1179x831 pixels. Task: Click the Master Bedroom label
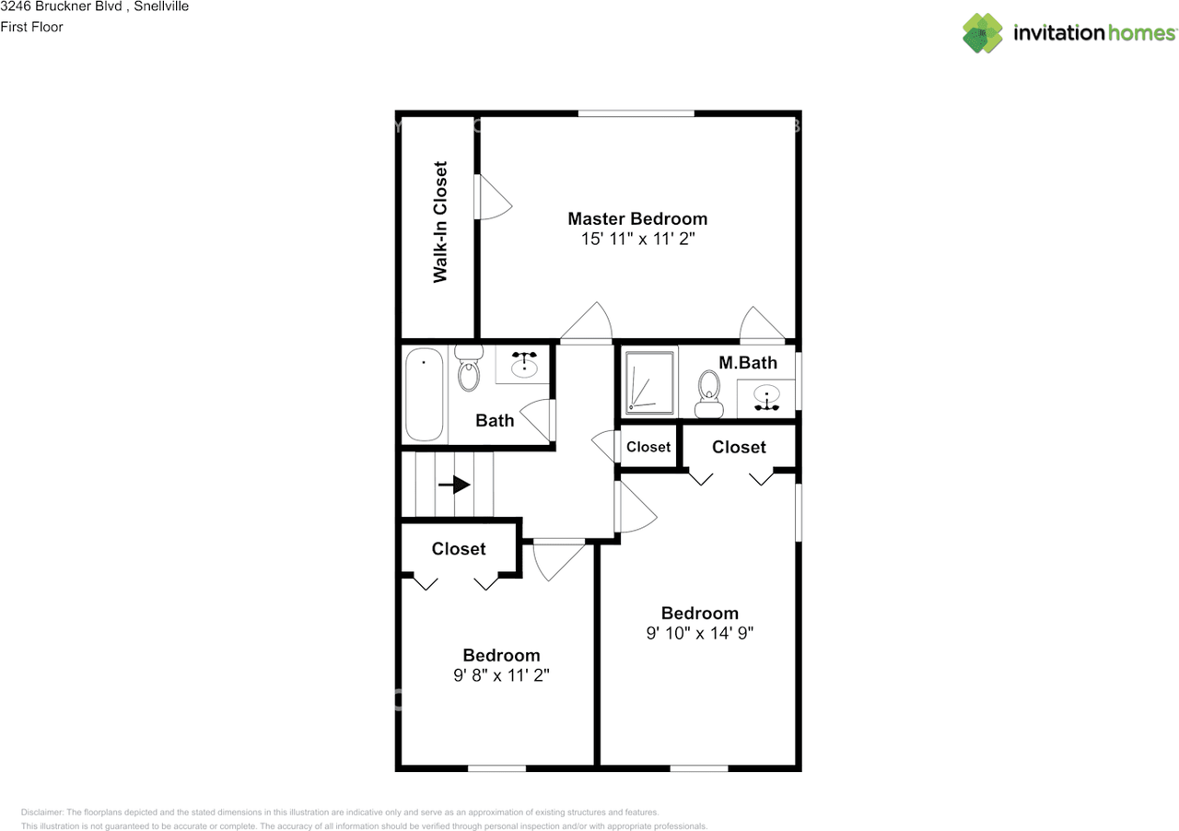click(637, 218)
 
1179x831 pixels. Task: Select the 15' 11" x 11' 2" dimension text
click(637, 240)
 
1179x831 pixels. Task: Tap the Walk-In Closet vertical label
click(440, 222)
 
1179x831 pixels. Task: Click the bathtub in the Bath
click(425, 393)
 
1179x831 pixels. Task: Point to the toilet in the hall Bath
click(469, 370)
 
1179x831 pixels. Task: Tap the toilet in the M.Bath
click(708, 394)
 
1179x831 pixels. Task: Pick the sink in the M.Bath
click(766, 398)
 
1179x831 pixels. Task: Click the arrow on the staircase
click(455, 485)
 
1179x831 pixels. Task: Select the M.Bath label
click(748, 363)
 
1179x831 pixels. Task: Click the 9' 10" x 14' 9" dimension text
click(700, 634)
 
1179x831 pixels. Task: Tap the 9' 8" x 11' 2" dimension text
click(501, 675)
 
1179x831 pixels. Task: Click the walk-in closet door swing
click(493, 197)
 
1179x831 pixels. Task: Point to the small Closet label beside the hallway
click(648, 447)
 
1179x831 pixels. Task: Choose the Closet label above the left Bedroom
click(459, 549)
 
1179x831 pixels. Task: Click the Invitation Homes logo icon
click(983, 33)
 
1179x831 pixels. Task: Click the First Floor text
click(32, 27)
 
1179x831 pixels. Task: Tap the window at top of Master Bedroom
click(636, 113)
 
